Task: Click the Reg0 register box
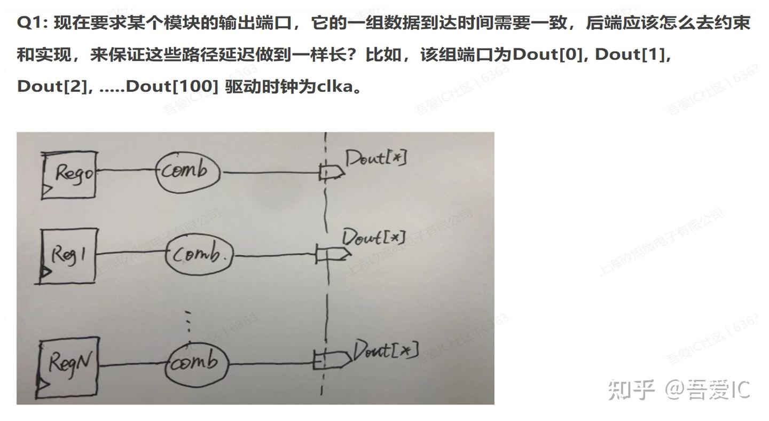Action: coord(70,175)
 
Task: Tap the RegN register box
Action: coord(69,365)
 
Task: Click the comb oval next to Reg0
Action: coord(188,171)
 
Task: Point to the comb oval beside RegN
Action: coord(196,365)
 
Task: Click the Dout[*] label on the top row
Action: coord(376,158)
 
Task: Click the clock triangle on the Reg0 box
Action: coord(47,189)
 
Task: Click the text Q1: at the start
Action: coord(33,23)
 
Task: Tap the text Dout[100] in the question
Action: coord(172,86)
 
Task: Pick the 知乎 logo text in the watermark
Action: coord(631,389)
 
